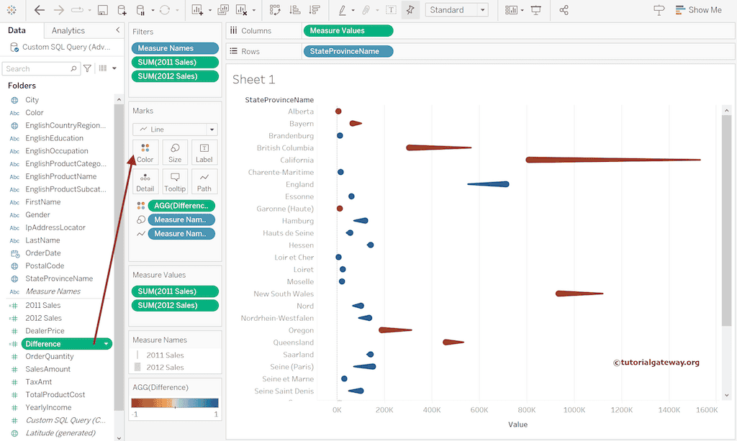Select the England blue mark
497,184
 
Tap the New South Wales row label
284,294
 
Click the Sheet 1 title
253,79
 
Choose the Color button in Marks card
145,153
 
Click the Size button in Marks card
175,153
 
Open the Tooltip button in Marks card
175,181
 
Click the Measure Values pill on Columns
348,31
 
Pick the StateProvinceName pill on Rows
348,52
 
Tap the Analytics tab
68,31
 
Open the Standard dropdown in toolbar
457,10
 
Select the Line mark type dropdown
175,129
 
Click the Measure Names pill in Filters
175,48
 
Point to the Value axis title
517,424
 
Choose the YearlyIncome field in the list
49,407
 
